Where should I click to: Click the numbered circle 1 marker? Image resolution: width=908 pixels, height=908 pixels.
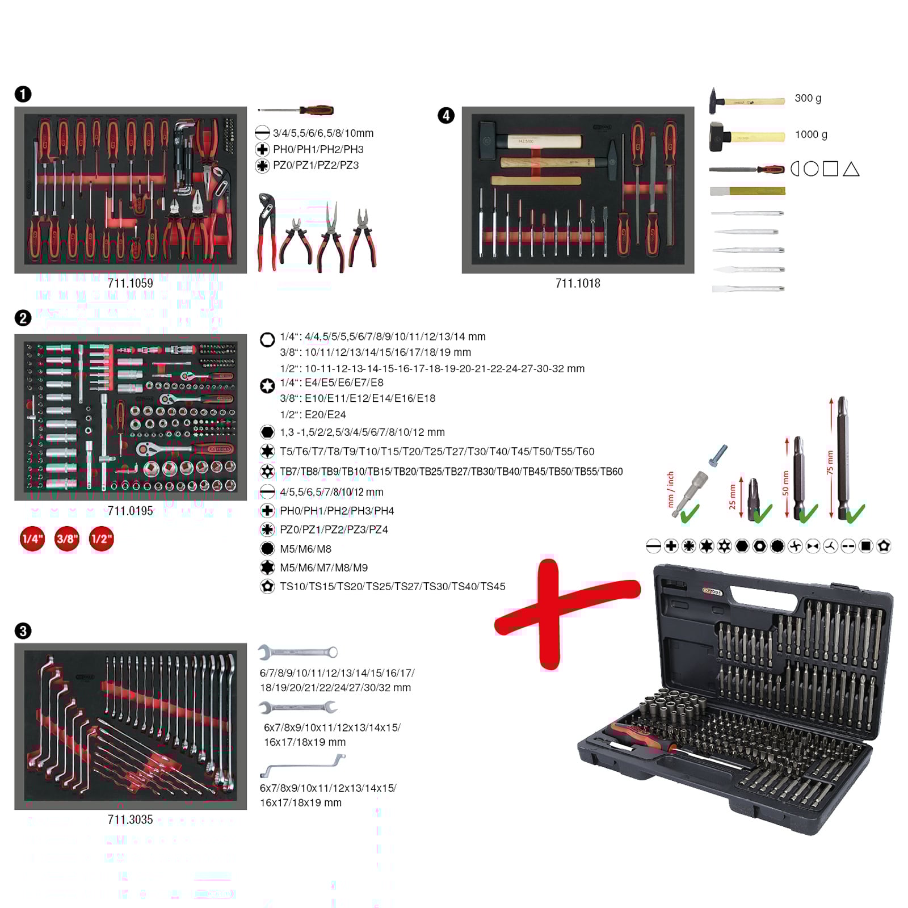[x=23, y=94]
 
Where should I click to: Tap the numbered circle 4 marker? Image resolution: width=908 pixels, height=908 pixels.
[x=446, y=116]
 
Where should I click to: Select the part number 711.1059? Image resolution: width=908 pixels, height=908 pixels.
[x=130, y=283]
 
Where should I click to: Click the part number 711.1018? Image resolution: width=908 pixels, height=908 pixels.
[x=578, y=283]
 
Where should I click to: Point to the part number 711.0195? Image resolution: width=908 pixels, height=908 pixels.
[x=130, y=511]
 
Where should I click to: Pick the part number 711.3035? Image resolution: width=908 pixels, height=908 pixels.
[x=130, y=819]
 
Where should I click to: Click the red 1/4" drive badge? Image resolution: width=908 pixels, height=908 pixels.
[x=32, y=539]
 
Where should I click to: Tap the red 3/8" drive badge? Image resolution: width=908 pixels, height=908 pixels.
[x=67, y=539]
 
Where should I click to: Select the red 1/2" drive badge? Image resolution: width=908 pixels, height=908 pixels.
[x=102, y=539]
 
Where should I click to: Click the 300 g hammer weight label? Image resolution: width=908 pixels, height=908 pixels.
[x=808, y=98]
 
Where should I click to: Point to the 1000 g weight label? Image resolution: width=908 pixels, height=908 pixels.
[x=811, y=134]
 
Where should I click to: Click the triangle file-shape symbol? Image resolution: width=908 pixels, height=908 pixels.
[x=851, y=169]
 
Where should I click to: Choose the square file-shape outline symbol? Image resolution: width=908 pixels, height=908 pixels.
[x=830, y=169]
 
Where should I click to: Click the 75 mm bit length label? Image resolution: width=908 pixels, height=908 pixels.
[x=830, y=463]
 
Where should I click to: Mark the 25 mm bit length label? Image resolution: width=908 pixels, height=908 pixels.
[x=732, y=497]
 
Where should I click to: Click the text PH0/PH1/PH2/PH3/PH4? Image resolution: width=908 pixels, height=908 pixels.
[x=337, y=511]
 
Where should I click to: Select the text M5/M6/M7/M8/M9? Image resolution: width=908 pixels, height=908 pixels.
[x=323, y=567]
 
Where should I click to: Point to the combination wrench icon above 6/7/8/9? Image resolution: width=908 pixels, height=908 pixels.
[x=298, y=652]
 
